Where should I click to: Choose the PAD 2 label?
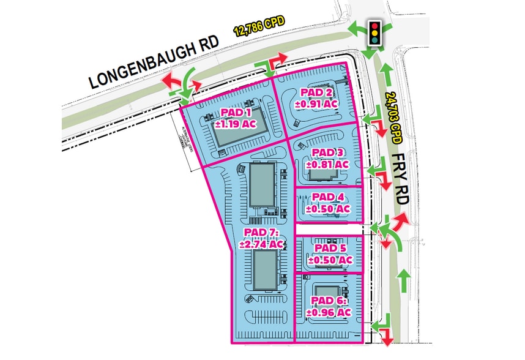point(316,92)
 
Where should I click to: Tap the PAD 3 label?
point(328,152)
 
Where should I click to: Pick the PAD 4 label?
point(328,197)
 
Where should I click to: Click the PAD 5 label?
point(330,248)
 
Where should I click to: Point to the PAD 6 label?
point(330,300)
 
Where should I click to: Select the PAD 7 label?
point(261,233)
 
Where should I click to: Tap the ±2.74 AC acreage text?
point(261,244)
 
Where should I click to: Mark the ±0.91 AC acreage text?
point(316,104)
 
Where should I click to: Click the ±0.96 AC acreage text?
point(330,312)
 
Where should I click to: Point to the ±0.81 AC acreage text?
point(328,164)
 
